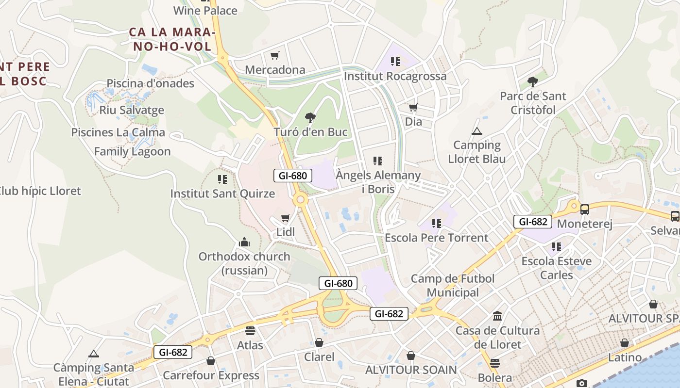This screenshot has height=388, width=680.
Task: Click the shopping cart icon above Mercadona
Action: [275, 56]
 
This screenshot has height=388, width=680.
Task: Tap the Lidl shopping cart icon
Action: [286, 218]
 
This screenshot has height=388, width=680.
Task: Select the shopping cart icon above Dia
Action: [413, 108]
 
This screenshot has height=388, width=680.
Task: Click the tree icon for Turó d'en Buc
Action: [310, 118]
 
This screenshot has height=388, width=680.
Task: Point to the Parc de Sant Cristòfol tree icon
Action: [533, 82]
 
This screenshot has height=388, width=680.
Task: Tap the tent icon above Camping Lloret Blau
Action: [477, 131]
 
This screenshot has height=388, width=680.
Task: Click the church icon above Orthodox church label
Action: [244, 242]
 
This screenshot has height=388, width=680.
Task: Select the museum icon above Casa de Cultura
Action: [497, 316]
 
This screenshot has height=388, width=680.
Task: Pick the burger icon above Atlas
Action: [250, 331]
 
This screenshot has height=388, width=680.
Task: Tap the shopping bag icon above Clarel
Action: [319, 343]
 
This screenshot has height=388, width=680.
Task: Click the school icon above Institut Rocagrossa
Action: [395, 62]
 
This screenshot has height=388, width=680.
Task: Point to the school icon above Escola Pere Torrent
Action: [436, 224]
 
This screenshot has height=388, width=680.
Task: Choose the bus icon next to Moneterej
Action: [585, 210]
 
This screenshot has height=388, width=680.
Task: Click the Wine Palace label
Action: [205, 11]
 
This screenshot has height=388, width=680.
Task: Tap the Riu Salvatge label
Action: [132, 110]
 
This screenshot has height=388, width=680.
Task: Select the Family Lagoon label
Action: [132, 151]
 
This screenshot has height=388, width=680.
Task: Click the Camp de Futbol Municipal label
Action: [453, 286]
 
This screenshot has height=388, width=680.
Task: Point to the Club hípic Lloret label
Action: [40, 191]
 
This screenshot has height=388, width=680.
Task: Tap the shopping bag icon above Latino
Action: [625, 343]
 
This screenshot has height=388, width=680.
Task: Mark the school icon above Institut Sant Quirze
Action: [222, 179]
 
